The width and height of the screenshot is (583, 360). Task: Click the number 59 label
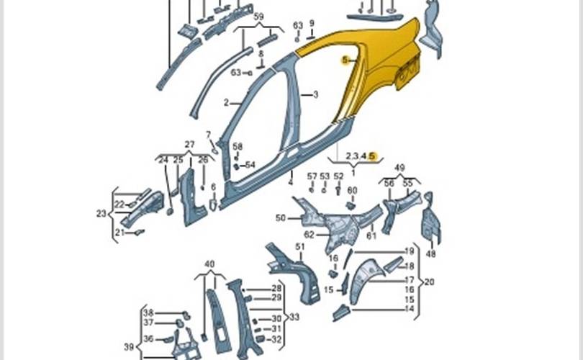[258, 16]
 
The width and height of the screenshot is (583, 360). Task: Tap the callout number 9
[312, 23]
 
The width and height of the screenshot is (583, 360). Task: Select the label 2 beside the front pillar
[226, 103]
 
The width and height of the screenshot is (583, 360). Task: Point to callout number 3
[315, 94]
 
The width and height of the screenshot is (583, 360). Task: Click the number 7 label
[209, 135]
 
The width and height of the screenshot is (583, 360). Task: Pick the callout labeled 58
[238, 146]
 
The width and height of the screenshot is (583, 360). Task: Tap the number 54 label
[250, 165]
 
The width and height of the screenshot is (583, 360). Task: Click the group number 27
[190, 145]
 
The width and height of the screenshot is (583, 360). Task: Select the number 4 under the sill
[291, 183]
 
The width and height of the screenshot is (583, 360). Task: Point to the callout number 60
[352, 190]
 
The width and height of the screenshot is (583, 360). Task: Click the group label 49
[400, 168]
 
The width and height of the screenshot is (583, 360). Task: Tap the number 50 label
[281, 217]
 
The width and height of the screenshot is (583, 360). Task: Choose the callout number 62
[309, 234]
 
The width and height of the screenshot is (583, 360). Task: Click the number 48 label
[431, 253]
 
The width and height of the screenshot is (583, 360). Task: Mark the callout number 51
[300, 247]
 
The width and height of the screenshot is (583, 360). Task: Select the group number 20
[430, 282]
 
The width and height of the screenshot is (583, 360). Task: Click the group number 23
[101, 213]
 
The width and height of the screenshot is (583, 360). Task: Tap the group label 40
[209, 264]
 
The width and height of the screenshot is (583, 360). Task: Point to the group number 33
[294, 316]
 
